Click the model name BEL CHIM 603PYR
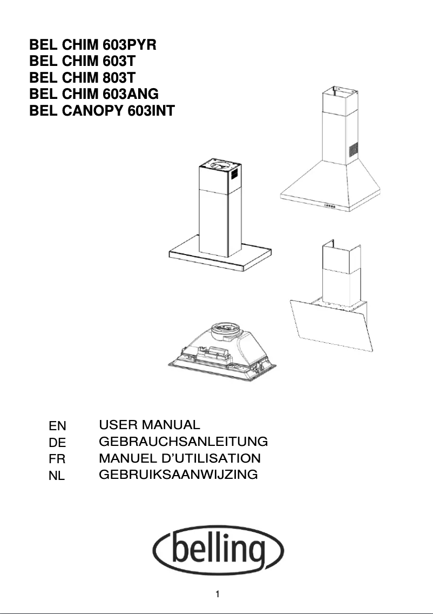pyautogui.click(x=93, y=44)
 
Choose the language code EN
pyautogui.click(x=57, y=426)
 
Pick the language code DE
pyautogui.click(x=57, y=443)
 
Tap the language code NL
pyautogui.click(x=57, y=477)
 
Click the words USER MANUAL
pyautogui.click(x=150, y=425)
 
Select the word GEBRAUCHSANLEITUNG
pyautogui.click(x=184, y=442)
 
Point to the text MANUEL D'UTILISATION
pyautogui.click(x=180, y=458)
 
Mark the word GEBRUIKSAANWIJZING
pyautogui.click(x=178, y=475)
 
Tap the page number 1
pyautogui.click(x=216, y=596)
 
